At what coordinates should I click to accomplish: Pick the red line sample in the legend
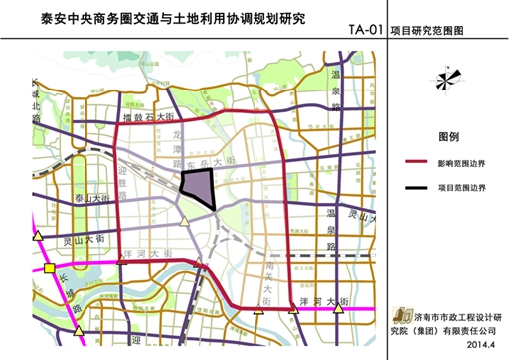(421, 163)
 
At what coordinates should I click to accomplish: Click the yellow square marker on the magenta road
(50, 268)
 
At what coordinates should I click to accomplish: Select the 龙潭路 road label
(178, 144)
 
